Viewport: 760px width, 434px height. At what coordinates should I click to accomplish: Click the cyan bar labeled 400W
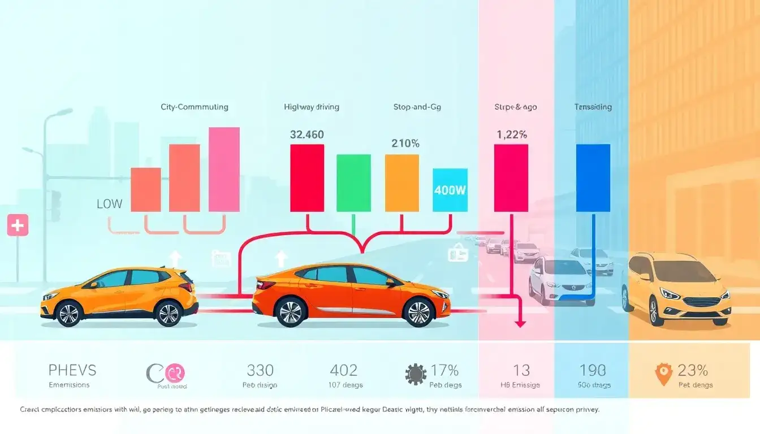(x=450, y=190)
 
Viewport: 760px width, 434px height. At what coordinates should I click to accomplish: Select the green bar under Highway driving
(x=353, y=183)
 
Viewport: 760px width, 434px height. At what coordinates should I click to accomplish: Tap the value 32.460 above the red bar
(x=307, y=134)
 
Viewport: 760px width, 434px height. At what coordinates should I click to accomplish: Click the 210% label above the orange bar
(x=405, y=144)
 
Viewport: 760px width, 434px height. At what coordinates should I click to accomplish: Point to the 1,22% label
(x=512, y=134)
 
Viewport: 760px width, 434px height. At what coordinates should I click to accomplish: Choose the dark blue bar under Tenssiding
(x=593, y=177)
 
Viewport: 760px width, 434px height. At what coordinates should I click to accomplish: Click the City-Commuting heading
(x=195, y=106)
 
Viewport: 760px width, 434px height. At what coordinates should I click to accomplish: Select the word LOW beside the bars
(x=109, y=204)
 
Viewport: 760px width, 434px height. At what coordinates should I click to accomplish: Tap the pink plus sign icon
(x=18, y=225)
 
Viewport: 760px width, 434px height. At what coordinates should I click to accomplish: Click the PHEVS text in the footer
(x=72, y=371)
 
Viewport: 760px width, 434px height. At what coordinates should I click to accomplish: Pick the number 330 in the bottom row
(x=260, y=371)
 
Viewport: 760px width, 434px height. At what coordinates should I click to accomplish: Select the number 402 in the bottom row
(x=343, y=371)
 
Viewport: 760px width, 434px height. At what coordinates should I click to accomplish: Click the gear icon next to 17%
(x=416, y=374)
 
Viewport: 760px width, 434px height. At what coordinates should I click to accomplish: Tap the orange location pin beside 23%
(x=662, y=374)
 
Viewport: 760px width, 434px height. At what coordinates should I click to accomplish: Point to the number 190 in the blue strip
(x=593, y=371)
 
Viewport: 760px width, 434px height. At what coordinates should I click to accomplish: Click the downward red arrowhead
(x=520, y=323)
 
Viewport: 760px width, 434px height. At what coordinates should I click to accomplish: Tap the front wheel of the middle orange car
(x=418, y=313)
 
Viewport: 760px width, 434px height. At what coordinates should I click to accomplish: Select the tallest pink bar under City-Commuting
(x=224, y=169)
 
